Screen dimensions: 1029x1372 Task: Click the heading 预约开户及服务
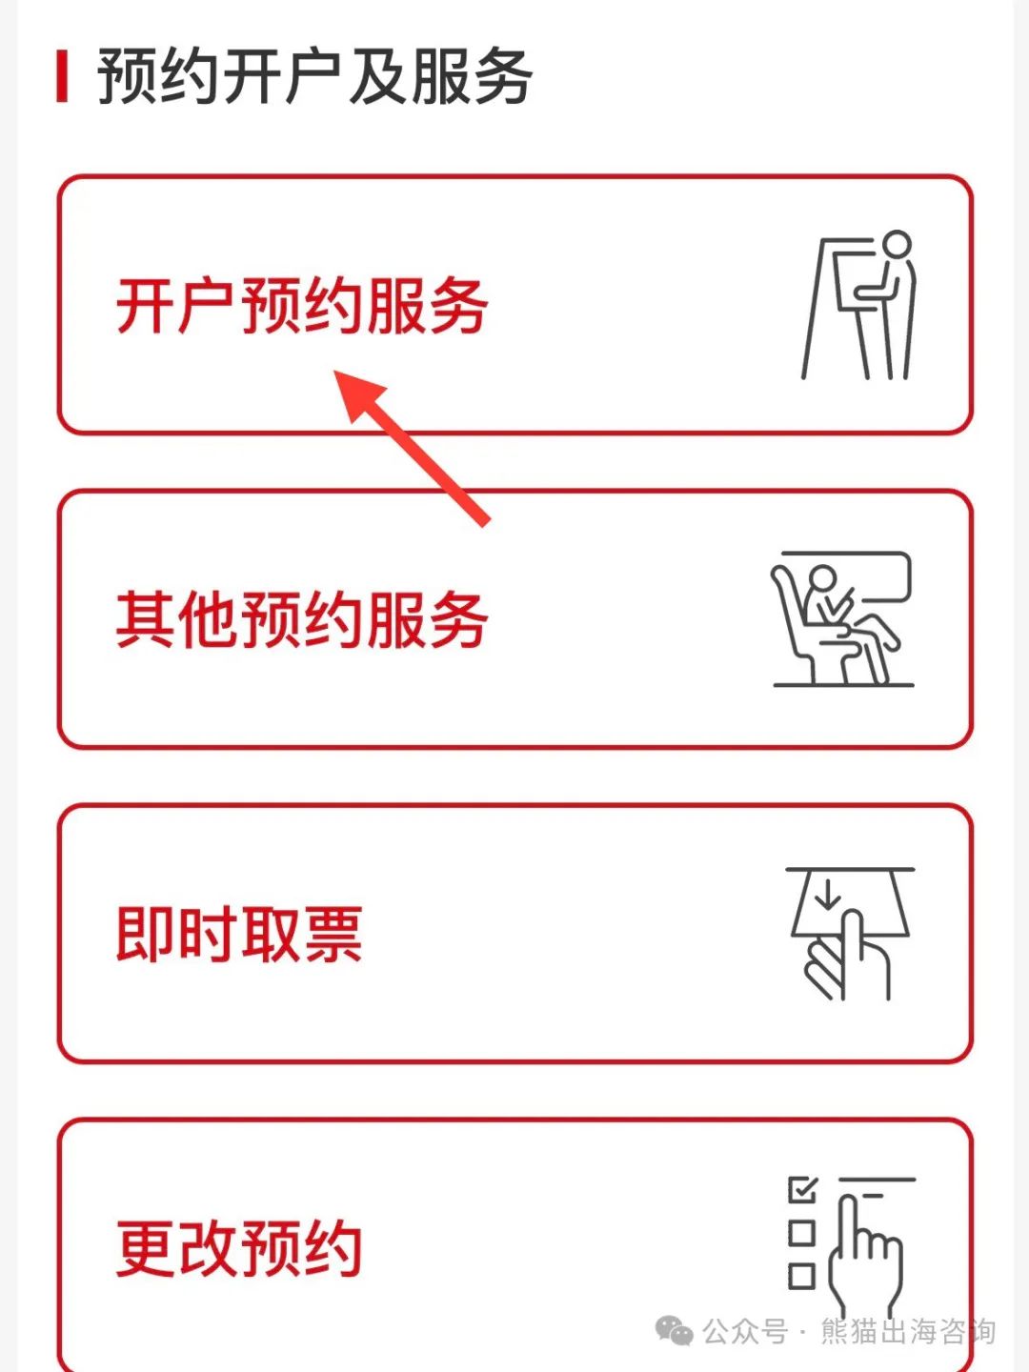pyautogui.click(x=314, y=77)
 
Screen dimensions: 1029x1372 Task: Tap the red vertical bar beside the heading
pyautogui.click(x=62, y=77)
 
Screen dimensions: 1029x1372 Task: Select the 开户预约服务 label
pyautogui.click(x=302, y=306)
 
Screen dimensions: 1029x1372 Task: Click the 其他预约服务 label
pyautogui.click(x=302, y=620)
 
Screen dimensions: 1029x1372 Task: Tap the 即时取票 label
pyautogui.click(x=239, y=935)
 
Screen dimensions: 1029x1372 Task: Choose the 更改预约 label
pyautogui.click(x=239, y=1249)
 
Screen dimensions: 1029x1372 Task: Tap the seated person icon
pyautogui.click(x=843, y=618)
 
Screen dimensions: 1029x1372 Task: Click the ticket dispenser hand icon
pyautogui.click(x=850, y=934)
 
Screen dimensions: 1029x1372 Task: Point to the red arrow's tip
pyautogui.click(x=334, y=370)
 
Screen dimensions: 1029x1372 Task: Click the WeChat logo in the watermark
pyautogui.click(x=674, y=1331)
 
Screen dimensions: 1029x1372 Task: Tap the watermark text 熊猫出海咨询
pyautogui.click(x=908, y=1331)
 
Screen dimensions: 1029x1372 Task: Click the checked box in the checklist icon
pyautogui.click(x=802, y=1190)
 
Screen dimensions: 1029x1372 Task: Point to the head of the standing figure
pyautogui.click(x=898, y=244)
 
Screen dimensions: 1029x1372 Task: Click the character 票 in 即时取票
pyautogui.click(x=333, y=935)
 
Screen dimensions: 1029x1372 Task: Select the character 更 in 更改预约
pyautogui.click(x=146, y=1249)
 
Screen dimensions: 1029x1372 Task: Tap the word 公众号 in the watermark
pyautogui.click(x=745, y=1331)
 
